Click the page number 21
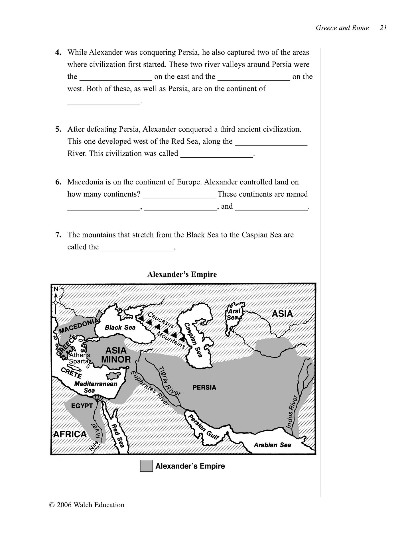[383, 28]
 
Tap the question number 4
[58, 52]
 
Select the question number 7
[58, 235]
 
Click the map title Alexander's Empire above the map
[182, 274]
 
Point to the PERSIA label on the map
[204, 387]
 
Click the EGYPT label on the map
[82, 406]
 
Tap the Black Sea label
[120, 327]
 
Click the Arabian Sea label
[272, 445]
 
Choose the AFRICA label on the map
[70, 434]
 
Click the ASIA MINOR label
[116, 355]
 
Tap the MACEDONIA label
[79, 326]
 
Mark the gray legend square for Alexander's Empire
[146, 466]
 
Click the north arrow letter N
[56, 289]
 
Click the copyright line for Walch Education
[87, 505]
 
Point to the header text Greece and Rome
[342, 28]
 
